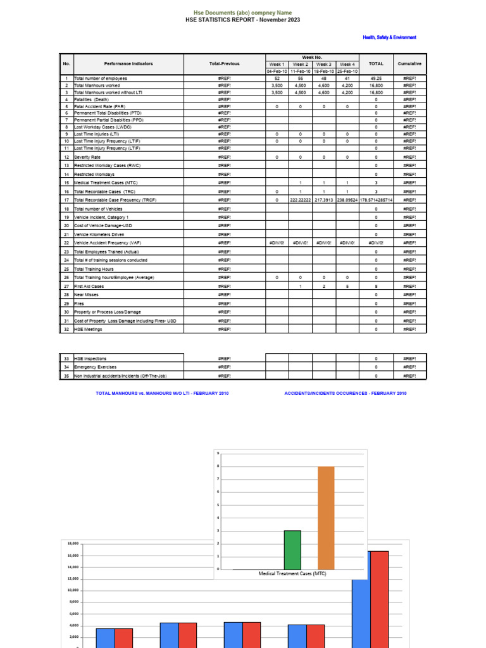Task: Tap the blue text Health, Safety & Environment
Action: pyautogui.click(x=389, y=37)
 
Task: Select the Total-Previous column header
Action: pyautogui.click(x=224, y=64)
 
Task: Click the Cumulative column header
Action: pyautogui.click(x=409, y=64)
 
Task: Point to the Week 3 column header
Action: pyautogui.click(x=323, y=64)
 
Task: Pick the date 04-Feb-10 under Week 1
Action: pyautogui.click(x=277, y=71)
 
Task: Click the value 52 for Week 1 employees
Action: pyautogui.click(x=277, y=78)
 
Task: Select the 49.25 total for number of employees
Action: pyautogui.click(x=376, y=78)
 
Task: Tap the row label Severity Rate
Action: pyautogui.click(x=87, y=157)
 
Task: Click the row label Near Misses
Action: pyautogui.click(x=86, y=295)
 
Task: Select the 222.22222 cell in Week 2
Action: pyautogui.click(x=300, y=200)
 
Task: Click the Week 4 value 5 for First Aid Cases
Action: pyautogui.click(x=347, y=286)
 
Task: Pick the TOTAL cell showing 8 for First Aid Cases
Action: pyautogui.click(x=376, y=286)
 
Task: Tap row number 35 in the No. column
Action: pyautogui.click(x=66, y=375)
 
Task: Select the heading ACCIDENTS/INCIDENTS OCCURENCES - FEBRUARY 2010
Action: pyautogui.click(x=346, y=393)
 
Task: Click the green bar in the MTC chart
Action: pyautogui.click(x=292, y=550)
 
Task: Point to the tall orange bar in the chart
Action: pyautogui.click(x=326, y=518)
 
